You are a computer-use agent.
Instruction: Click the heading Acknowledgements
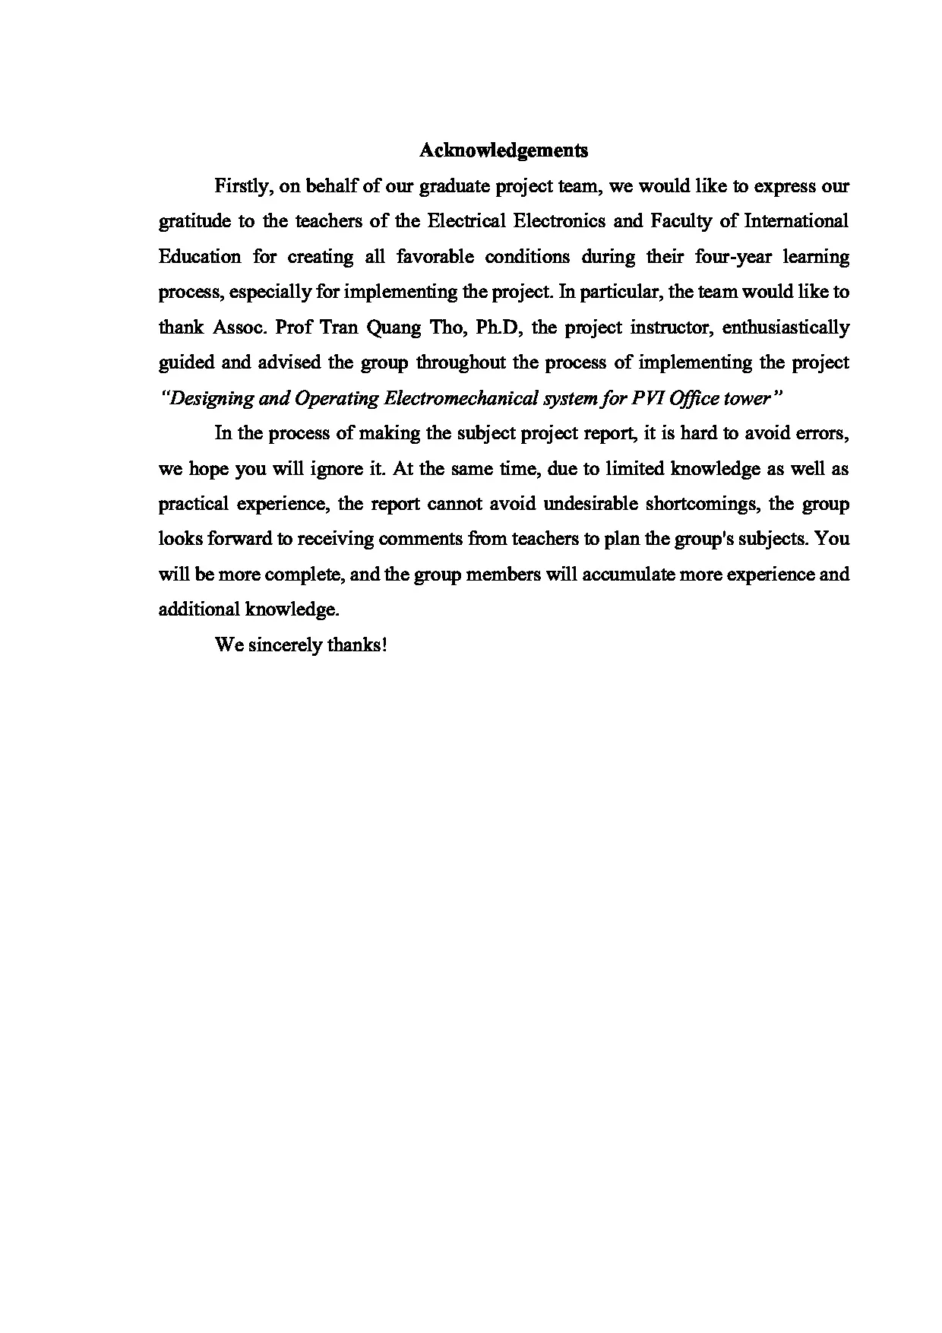tap(504, 150)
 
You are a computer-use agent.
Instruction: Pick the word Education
tap(200, 257)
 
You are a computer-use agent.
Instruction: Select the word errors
tap(824, 433)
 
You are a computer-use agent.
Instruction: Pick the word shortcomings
tap(700, 504)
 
